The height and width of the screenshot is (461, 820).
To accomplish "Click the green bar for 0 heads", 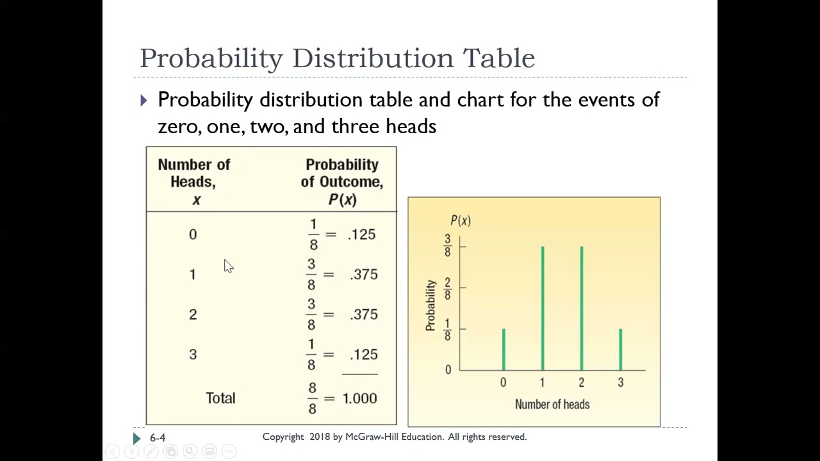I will [x=504, y=349].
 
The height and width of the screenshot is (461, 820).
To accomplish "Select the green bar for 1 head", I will [x=543, y=308].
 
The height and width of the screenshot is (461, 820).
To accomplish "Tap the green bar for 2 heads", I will [x=582, y=308].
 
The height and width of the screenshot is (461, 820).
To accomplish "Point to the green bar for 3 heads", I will [x=621, y=349].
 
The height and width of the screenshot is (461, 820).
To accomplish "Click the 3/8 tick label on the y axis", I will [x=447, y=246].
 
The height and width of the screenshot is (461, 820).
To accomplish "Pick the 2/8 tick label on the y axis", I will [x=447, y=287].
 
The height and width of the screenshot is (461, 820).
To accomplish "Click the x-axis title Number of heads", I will [x=552, y=404].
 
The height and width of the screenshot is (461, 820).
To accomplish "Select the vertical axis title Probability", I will [x=430, y=305].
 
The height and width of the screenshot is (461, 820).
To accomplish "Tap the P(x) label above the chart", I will [x=460, y=220].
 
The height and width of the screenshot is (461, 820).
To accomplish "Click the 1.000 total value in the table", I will [x=359, y=398].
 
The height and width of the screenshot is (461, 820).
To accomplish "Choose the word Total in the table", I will [x=220, y=398].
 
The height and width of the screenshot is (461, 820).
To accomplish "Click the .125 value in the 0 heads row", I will [x=362, y=234].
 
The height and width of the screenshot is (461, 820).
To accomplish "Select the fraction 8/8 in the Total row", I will [x=312, y=398].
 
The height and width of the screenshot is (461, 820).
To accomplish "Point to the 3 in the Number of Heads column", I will [x=193, y=355].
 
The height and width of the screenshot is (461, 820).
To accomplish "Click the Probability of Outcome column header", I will [x=342, y=182].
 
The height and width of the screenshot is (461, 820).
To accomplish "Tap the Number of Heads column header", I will [x=194, y=182].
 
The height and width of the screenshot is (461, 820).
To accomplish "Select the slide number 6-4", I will [x=158, y=437].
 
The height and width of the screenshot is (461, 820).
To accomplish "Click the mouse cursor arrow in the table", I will [x=228, y=266].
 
